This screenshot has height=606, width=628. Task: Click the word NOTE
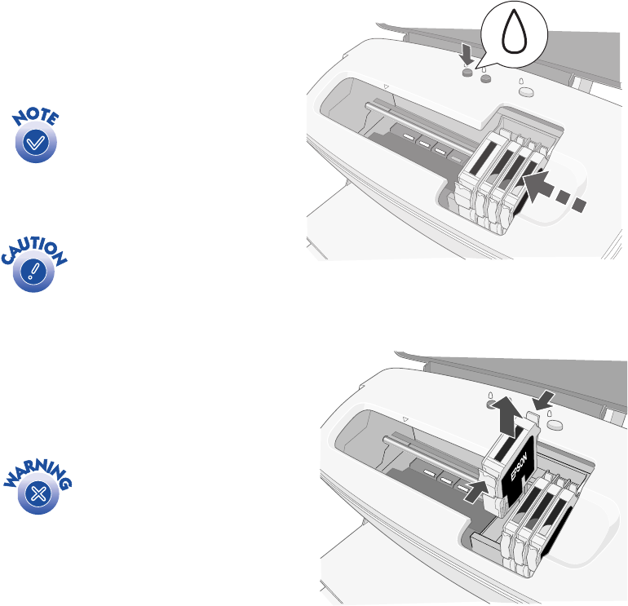pos(36,117)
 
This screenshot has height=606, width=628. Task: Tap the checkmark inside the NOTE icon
pos(36,143)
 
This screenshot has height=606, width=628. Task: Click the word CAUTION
pos(34,250)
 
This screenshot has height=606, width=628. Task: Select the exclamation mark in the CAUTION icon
pos(33,272)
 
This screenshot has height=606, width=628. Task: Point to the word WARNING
pos(38,475)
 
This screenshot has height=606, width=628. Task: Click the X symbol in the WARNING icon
pos(38,493)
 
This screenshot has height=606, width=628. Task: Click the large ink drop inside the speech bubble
pos(514,31)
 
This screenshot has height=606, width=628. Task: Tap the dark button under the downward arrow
pos(467,73)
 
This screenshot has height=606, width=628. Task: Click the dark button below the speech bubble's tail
pos(485,78)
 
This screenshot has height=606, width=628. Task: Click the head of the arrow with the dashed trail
pos(536,185)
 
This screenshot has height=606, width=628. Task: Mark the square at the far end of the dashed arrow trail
pos(579,205)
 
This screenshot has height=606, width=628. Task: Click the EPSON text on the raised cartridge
pos(519,467)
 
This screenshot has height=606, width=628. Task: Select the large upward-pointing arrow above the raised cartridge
pos(507,417)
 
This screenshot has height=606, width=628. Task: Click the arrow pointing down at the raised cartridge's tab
pos(544,400)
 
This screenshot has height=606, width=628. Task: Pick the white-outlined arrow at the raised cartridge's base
pos(477,491)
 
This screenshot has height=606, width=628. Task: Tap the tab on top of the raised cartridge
pos(533,418)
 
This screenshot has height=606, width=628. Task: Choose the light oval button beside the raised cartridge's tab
pos(555,425)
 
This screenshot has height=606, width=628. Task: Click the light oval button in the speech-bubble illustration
pos(526,92)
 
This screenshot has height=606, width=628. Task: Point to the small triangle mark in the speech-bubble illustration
pos(386,86)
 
